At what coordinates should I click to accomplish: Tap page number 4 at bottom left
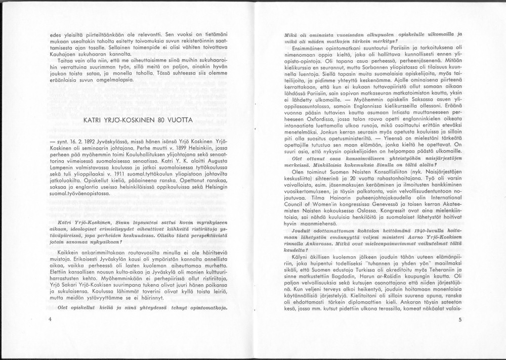[51, 320]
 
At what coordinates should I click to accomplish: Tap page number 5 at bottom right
[460, 320]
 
